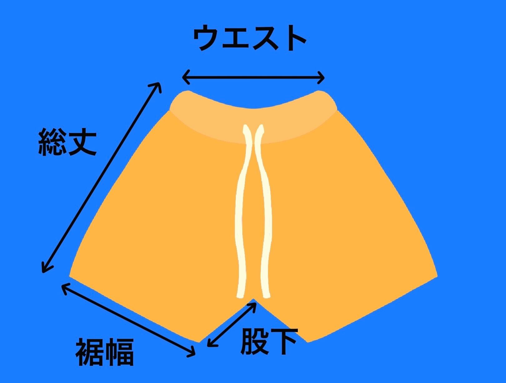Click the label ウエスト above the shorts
(249, 38)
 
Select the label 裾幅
(105, 352)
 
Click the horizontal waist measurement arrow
(253, 77)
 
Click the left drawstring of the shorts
(242, 212)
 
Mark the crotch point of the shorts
(254, 300)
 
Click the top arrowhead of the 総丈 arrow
(158, 86)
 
